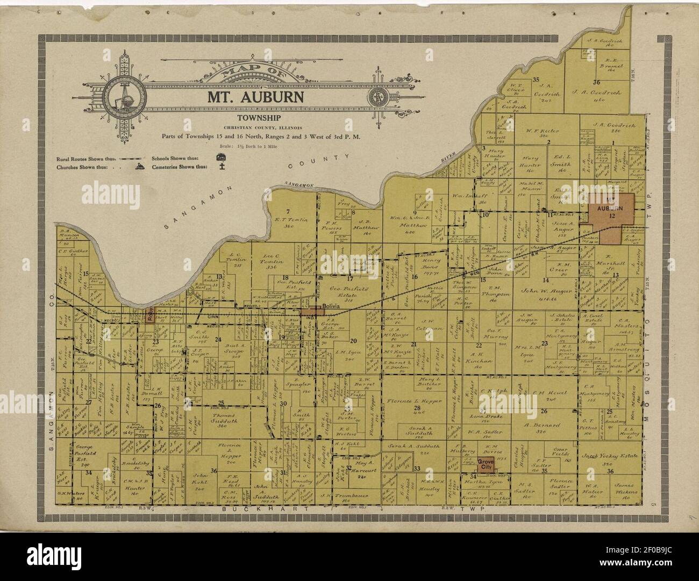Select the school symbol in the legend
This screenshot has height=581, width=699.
coord(220,157)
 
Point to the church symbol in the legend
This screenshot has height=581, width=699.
coord(140,167)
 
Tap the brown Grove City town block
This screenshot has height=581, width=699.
coord(486,463)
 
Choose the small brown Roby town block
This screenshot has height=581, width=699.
coord(150,317)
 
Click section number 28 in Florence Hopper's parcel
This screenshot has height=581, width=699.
coord(432,409)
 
